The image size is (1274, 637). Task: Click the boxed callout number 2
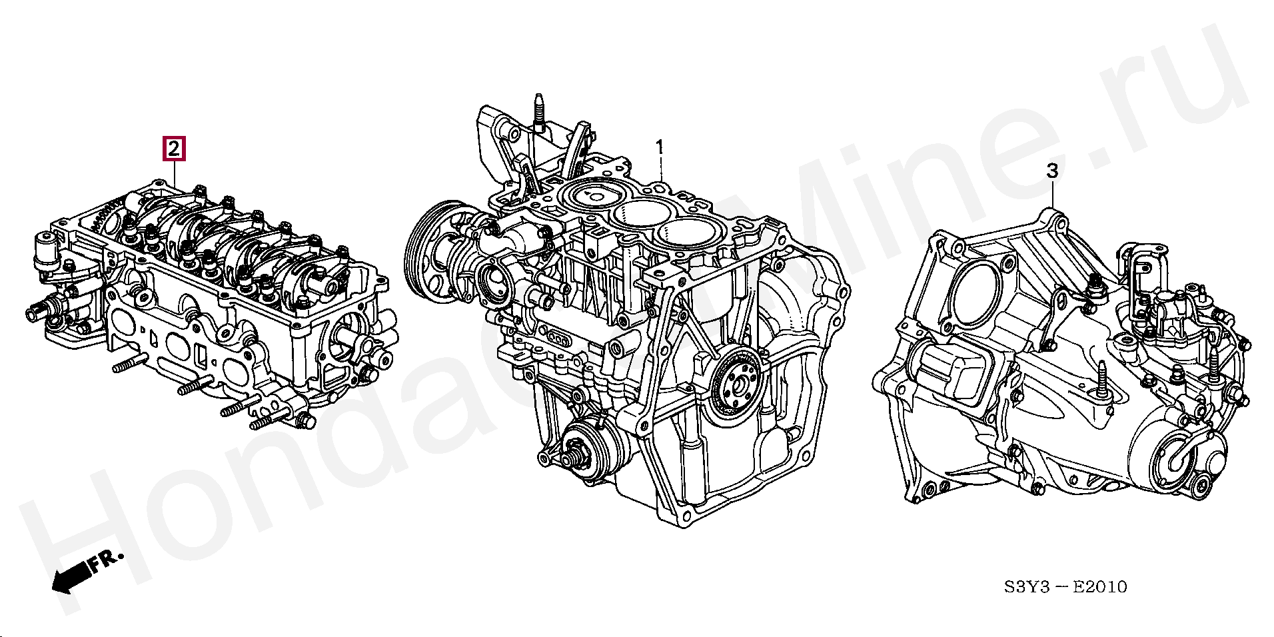pos(173,149)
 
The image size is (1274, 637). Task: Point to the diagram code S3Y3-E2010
pos(1065,587)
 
